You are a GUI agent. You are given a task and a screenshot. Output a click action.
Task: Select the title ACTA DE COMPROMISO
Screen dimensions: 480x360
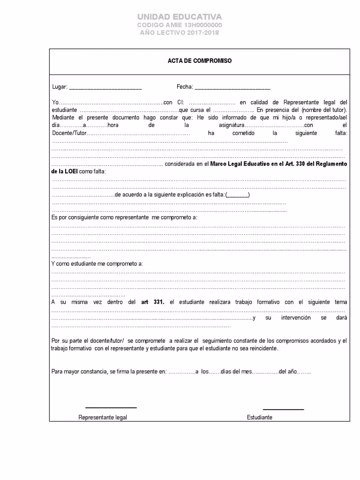pos(200,61)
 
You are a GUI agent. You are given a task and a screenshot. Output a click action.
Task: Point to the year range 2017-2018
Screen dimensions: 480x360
pos(201,33)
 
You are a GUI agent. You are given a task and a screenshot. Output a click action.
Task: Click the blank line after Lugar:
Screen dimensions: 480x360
pos(105,88)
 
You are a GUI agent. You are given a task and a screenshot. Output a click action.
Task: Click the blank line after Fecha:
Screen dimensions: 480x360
pos(232,88)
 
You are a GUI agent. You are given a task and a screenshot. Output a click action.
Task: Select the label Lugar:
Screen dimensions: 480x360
pos(60,87)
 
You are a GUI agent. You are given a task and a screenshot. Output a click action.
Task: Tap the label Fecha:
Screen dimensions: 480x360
pos(185,87)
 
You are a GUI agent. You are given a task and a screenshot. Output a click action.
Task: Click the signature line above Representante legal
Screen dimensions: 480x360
pos(111,407)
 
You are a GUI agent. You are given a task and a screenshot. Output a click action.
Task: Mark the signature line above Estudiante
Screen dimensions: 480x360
pos(283,409)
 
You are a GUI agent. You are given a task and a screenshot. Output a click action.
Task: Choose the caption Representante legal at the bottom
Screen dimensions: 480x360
pos(103,417)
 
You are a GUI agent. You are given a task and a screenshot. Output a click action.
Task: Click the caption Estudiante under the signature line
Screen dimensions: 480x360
pos(259,417)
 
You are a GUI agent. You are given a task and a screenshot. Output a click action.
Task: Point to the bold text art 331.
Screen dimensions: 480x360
pos(153,302)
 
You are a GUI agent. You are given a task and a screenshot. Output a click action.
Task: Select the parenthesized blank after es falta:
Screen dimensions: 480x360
pos(238,195)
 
